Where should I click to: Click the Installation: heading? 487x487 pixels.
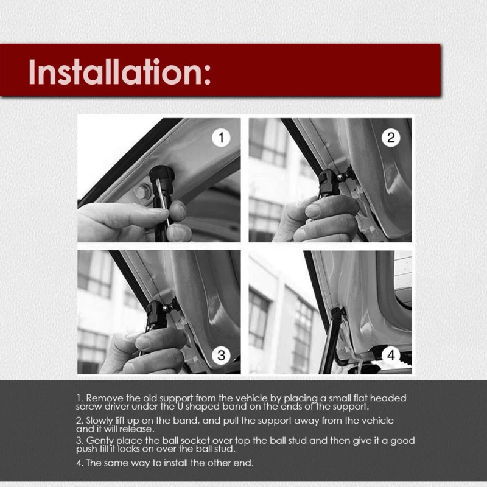[x=119, y=72]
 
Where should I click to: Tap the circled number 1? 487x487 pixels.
[x=221, y=138]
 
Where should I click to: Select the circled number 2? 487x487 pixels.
[x=391, y=138]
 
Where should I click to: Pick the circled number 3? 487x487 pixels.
[x=222, y=354]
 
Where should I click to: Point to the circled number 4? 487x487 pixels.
[x=391, y=354]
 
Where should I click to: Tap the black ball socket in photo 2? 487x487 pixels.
[x=329, y=181]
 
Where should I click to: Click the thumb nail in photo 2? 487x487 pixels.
[x=314, y=211]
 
